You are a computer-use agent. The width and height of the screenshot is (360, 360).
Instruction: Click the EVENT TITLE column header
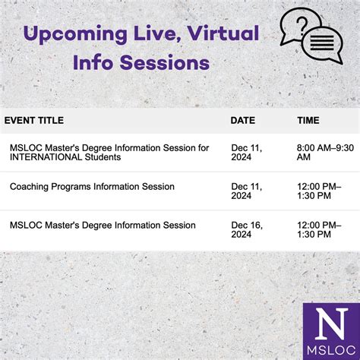coord(34,120)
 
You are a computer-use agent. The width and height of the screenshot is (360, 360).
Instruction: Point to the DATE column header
coord(243,120)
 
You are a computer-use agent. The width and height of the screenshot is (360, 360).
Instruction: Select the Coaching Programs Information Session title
coord(92,187)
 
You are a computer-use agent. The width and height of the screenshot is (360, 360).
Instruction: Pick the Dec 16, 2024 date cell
coord(246,230)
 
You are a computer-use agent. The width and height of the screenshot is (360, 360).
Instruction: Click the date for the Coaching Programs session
coord(246,191)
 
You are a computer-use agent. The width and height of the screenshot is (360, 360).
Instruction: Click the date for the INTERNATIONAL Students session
coord(246,152)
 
